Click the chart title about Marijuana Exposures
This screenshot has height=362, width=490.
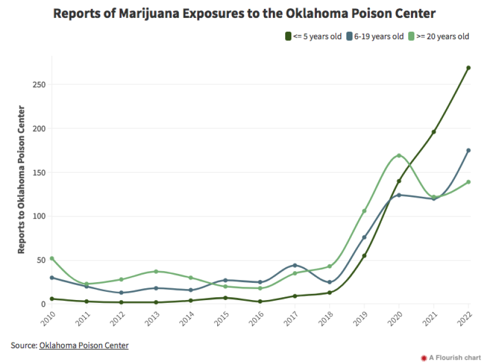click(x=244, y=13)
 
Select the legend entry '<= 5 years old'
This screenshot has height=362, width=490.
click(x=313, y=37)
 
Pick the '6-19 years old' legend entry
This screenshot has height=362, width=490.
click(x=374, y=37)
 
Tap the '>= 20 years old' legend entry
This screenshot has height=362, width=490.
click(x=438, y=37)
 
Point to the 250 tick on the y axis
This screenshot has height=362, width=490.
click(x=38, y=85)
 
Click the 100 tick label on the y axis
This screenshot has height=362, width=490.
click(x=38, y=216)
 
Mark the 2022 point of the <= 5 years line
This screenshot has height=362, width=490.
click(x=468, y=68)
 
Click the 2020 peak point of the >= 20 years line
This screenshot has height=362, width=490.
click(x=399, y=156)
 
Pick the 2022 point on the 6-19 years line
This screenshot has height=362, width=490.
click(x=468, y=151)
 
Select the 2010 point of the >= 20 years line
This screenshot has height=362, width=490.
click(x=52, y=258)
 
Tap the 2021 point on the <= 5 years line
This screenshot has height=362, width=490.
click(x=434, y=132)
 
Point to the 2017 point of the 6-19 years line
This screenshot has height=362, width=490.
click(x=295, y=266)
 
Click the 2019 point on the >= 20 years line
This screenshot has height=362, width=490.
click(x=364, y=211)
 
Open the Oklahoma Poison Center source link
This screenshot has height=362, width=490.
click(x=84, y=346)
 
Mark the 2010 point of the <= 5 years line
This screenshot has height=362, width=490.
click(x=52, y=299)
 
